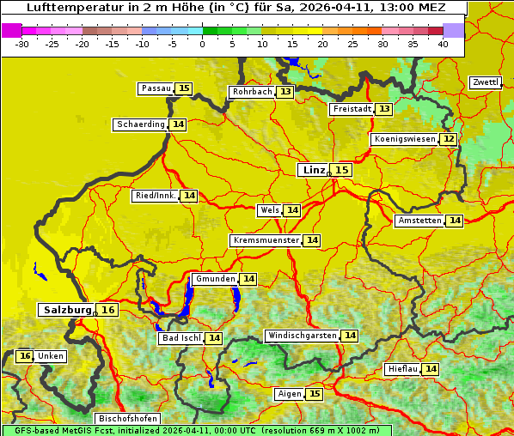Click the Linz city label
pyautogui.click(x=314, y=170)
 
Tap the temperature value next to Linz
pyautogui.click(x=342, y=170)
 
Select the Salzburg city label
pyautogui.click(x=67, y=310)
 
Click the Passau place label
pyautogui.click(x=156, y=88)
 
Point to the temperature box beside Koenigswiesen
pyautogui.click(x=449, y=139)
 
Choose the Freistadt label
pyautogui.click(x=352, y=109)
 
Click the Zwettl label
pyautogui.click(x=486, y=82)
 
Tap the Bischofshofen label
pyautogui.click(x=126, y=419)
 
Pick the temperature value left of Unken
pyautogui.click(x=25, y=356)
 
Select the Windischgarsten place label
pyautogui.click(x=303, y=336)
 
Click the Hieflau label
pyautogui.click(x=403, y=369)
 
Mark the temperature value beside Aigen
pyautogui.click(x=314, y=394)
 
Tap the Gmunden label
pyautogui.click(x=214, y=279)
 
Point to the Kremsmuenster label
pyautogui.click(x=266, y=240)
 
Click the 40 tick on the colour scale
pyautogui.click(x=443, y=44)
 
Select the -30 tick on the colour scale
pyautogui.click(x=22, y=44)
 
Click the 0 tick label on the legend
pyautogui.click(x=203, y=44)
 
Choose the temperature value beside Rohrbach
pyautogui.click(x=285, y=92)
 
